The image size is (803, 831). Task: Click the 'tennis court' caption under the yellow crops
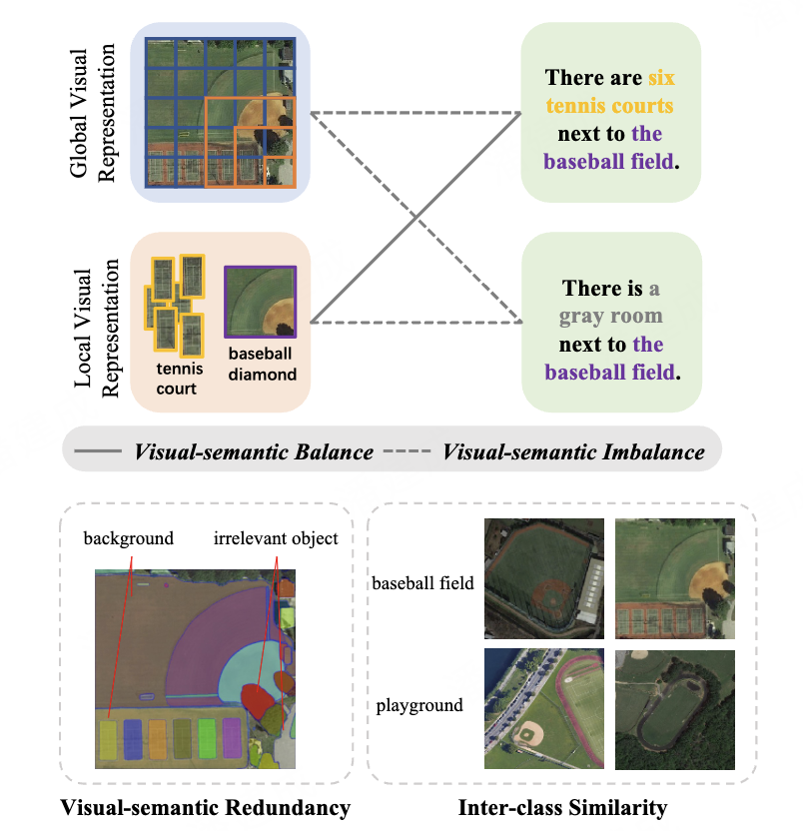click(x=179, y=378)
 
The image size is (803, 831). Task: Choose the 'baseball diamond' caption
click(x=262, y=365)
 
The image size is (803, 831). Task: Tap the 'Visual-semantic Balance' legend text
click(x=254, y=451)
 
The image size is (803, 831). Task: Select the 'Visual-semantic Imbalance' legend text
click(x=573, y=451)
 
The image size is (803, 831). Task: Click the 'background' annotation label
click(x=129, y=538)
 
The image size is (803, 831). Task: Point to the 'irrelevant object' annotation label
click(x=276, y=538)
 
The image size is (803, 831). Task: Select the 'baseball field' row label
click(x=422, y=583)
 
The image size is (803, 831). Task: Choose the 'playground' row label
click(x=419, y=705)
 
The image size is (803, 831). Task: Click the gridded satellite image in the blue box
click(x=221, y=112)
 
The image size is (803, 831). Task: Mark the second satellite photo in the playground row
click(x=675, y=709)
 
